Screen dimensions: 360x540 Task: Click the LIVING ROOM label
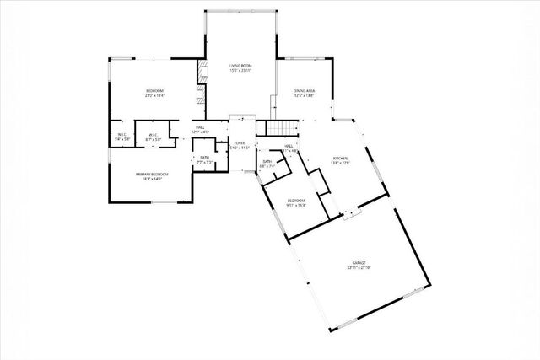[241, 65]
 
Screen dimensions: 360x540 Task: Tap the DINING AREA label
[305, 90]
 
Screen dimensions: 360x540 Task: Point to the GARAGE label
[359, 263]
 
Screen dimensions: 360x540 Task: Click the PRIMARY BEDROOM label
[153, 175]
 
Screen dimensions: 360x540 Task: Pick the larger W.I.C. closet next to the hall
[154, 137]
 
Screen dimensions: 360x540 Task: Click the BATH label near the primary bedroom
[204, 158]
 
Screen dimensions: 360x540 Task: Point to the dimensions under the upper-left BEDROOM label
[154, 96]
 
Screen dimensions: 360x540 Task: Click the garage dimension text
[359, 268]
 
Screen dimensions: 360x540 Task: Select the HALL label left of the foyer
[201, 128]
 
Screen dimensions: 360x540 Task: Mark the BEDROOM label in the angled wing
[295, 200]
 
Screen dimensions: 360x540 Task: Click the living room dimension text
[241, 70]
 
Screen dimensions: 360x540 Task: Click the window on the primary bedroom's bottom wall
[164, 202]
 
